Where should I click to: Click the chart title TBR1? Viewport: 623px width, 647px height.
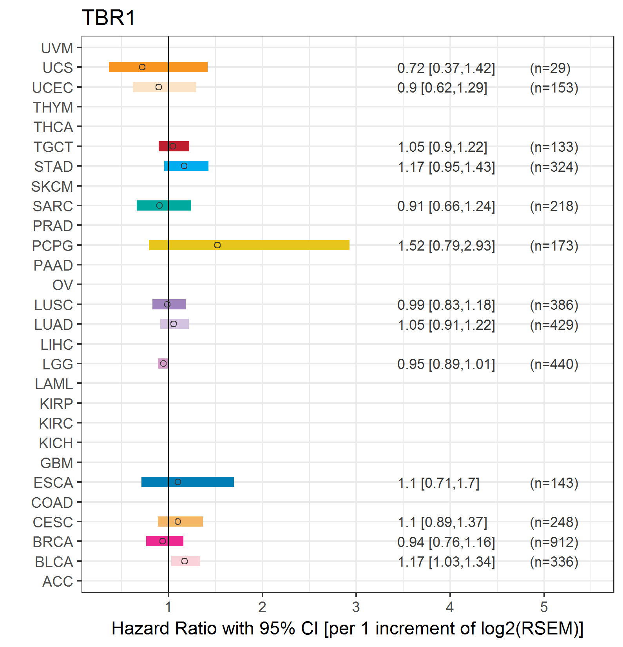coord(109,18)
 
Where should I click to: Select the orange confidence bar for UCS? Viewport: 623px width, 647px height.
coord(158,67)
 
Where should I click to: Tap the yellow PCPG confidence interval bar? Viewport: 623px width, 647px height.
coord(249,245)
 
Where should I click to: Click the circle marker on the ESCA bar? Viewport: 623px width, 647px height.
coord(178,482)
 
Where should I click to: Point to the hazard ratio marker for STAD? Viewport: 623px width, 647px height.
coord(184,166)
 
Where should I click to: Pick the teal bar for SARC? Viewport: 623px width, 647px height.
coord(164,205)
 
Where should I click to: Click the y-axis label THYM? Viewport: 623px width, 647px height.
coord(53,107)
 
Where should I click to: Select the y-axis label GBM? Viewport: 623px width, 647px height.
coord(57,463)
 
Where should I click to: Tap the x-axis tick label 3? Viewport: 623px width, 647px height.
coord(356,607)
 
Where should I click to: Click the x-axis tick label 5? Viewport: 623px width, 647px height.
coord(544,607)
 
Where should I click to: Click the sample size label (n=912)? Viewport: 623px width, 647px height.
coord(554,542)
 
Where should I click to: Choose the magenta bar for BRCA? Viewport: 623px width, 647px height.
coord(165,541)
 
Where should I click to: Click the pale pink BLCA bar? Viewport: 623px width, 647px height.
coord(186,561)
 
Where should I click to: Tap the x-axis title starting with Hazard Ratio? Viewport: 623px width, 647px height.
coord(348,629)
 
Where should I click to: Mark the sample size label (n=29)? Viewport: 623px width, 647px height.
coord(550,68)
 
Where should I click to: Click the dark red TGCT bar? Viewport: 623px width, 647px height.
coord(174,146)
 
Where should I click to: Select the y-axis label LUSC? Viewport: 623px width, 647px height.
coord(54,305)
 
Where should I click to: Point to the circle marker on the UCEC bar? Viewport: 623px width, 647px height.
coord(159,87)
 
